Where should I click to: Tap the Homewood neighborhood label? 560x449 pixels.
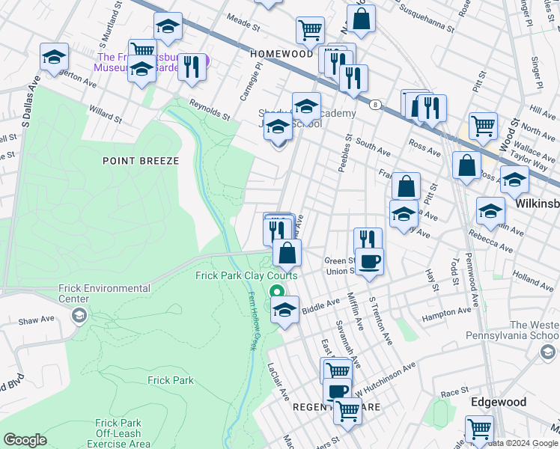(281, 54)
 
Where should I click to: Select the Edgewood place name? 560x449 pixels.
(498, 402)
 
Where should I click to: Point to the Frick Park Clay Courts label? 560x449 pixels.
(246, 275)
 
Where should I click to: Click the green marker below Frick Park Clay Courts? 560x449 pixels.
(277, 293)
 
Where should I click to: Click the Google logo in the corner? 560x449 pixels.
(25, 440)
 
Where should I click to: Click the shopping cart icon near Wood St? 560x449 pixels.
(483, 126)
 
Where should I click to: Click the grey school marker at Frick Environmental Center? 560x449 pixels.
(79, 317)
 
